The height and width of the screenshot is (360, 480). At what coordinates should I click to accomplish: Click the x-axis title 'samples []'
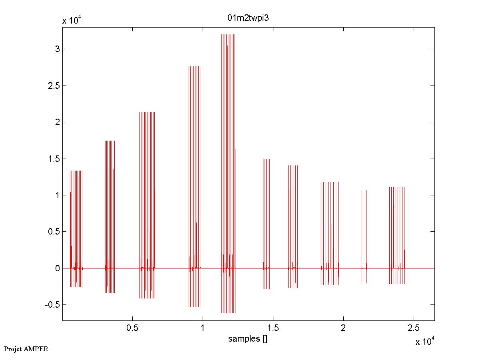248,339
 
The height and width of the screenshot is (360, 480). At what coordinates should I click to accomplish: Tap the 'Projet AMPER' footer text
26,349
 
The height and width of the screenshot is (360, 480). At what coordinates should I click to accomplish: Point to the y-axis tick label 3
58,49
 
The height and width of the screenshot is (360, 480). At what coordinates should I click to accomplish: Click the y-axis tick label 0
58,268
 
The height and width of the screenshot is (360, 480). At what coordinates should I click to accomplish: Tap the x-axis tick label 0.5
132,328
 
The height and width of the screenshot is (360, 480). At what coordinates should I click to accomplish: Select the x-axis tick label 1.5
273,328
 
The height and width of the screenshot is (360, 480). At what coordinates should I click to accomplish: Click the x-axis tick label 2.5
414,328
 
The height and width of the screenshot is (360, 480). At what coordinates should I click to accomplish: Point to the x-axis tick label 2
343,328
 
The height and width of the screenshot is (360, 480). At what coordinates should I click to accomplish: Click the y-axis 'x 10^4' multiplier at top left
72,21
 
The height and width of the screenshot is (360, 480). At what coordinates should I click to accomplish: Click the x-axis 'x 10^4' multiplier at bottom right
425,342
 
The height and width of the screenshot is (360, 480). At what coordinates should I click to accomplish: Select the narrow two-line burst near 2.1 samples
364,236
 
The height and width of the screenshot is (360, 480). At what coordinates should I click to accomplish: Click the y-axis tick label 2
58,122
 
